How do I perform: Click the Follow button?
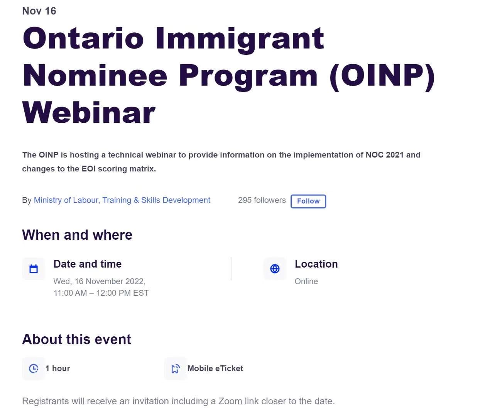point(308,201)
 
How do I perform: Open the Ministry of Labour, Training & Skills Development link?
point(122,200)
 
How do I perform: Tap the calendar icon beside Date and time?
point(34,269)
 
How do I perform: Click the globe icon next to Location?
point(275,269)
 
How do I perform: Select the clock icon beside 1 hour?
point(34,368)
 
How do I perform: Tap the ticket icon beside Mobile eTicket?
point(176,368)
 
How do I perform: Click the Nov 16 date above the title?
point(39,11)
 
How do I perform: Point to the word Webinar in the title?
point(89,112)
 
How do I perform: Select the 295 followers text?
point(262,200)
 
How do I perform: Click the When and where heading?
point(77,235)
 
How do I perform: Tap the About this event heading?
point(76,339)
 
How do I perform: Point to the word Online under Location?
point(306,281)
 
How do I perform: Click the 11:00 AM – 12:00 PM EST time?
point(101,293)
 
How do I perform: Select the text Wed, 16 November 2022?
point(100,281)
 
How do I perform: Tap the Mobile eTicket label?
point(215,368)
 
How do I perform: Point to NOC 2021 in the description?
point(385,155)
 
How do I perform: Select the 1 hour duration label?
point(58,368)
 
